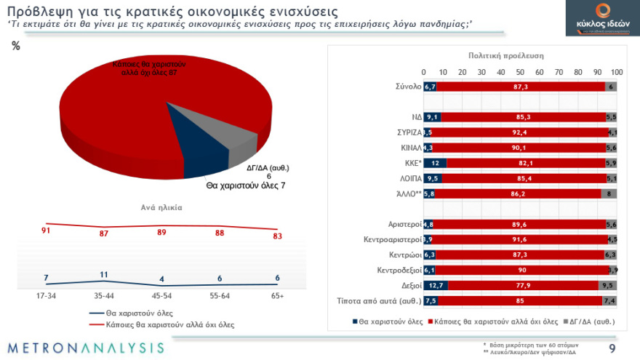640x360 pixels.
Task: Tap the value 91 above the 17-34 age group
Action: click(47, 231)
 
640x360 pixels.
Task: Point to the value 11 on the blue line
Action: click(104, 274)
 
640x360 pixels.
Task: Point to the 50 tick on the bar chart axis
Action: click(520, 72)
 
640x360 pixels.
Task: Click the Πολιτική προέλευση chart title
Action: click(506, 55)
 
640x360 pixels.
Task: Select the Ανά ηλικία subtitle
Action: click(161, 207)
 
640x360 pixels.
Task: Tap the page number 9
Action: click(612, 348)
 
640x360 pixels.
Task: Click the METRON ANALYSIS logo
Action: click(86, 347)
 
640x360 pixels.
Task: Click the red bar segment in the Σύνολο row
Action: click(520, 87)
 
